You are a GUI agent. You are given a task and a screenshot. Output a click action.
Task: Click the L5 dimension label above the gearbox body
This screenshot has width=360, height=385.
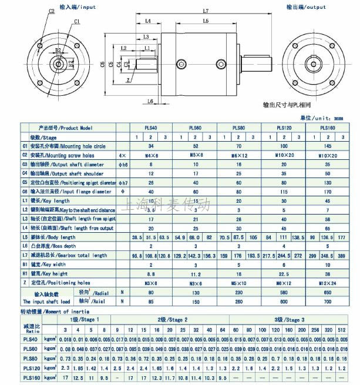click(x=206, y=21)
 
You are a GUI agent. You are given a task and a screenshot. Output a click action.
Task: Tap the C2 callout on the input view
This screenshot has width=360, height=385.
click(x=51, y=11)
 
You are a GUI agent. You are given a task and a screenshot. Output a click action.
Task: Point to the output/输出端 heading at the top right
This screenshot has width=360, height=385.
click(x=305, y=7)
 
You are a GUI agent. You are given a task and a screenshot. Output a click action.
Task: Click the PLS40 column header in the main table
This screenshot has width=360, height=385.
click(x=151, y=128)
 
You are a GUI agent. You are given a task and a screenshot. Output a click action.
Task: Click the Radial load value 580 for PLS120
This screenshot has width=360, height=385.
click(x=285, y=292)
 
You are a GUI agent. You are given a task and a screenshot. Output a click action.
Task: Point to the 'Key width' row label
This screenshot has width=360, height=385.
click(x=59, y=265)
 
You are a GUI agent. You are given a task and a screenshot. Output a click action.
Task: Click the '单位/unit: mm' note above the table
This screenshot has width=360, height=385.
click(x=333, y=118)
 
